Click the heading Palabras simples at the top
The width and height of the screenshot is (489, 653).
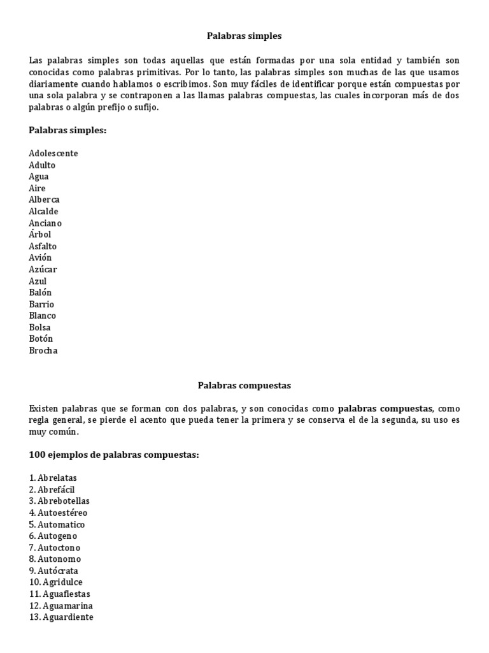tap(244, 36)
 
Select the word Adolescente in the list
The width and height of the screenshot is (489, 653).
tap(53, 153)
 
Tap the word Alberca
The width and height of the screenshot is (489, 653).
tap(44, 200)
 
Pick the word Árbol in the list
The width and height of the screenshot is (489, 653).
tap(40, 235)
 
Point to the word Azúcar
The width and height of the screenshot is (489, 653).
tap(43, 269)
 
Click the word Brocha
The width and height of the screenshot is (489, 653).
tap(43, 351)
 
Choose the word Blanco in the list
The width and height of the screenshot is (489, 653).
tap(43, 316)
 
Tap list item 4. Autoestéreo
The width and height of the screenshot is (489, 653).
tap(58, 513)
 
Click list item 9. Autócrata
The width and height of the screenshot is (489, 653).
tap(53, 571)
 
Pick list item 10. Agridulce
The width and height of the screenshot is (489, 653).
tap(56, 582)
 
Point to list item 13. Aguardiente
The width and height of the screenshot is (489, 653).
tap(61, 617)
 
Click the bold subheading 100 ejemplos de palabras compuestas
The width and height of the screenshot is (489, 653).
tap(114, 455)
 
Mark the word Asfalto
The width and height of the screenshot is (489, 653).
tap(43, 246)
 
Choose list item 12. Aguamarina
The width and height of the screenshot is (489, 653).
tap(60, 606)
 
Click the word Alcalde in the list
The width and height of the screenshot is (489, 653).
tap(43, 211)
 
